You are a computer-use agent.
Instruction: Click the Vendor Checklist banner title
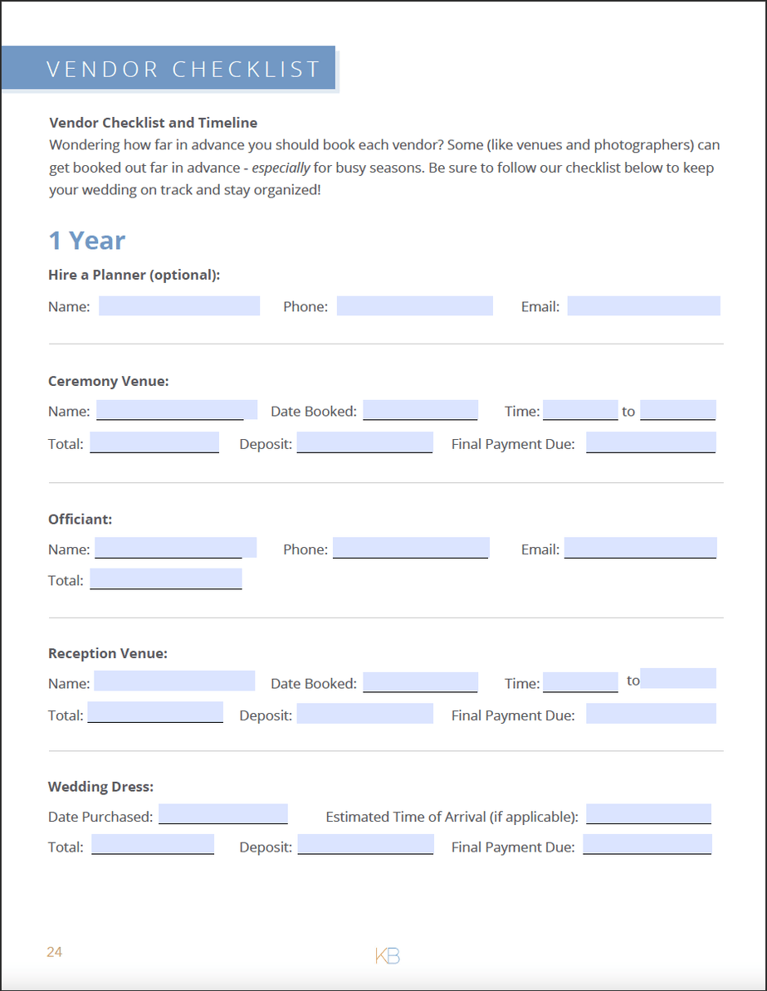pos(183,69)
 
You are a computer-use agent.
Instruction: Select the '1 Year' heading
pos(87,241)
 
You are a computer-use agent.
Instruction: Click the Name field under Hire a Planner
pos(179,305)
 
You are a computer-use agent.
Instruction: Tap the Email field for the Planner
pos(643,305)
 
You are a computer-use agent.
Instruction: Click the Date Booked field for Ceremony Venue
pos(420,410)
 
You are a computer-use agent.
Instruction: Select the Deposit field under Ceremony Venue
pos(364,442)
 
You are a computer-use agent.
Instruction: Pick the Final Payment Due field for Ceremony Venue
pos(651,442)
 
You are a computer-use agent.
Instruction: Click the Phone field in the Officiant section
pos(411,548)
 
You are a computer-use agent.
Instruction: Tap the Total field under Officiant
pos(166,578)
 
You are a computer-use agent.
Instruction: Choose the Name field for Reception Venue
pos(174,681)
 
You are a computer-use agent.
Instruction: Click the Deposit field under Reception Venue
pos(364,714)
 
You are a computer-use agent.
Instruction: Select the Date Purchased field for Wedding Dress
pos(223,813)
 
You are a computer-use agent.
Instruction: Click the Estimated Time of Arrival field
pos(648,813)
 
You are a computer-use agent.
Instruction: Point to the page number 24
pos(55,952)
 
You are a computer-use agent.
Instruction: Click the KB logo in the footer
pos(388,955)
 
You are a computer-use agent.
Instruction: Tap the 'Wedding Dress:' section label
pos(101,787)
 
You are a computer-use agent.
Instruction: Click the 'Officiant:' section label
pos(81,520)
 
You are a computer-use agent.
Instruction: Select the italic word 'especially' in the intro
pos(281,168)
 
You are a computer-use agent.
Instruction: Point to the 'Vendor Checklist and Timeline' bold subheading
pos(154,123)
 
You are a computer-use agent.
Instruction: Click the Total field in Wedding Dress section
pos(153,845)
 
